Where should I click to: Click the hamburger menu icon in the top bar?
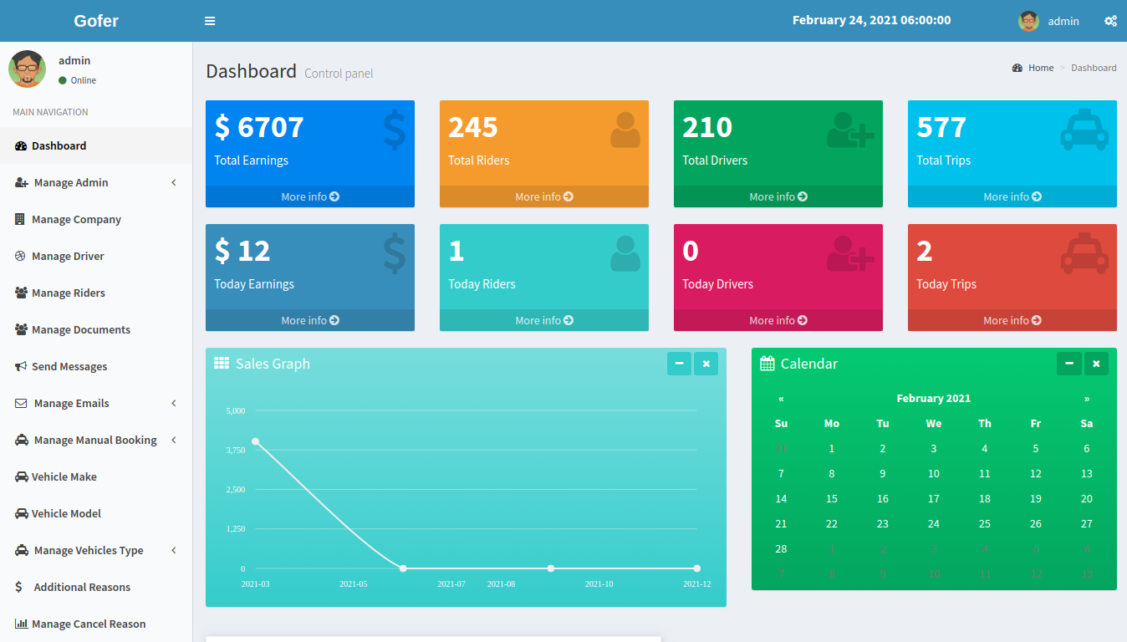pyautogui.click(x=210, y=21)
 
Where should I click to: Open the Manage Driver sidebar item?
pyautogui.click(x=68, y=256)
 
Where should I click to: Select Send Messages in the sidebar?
pyautogui.click(x=69, y=366)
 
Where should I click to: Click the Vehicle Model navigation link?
pyautogui.click(x=66, y=513)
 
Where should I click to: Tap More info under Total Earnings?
pyautogui.click(x=310, y=196)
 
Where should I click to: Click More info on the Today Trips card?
pyautogui.click(x=1012, y=320)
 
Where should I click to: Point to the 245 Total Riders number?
pyautogui.click(x=473, y=127)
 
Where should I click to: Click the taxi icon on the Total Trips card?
pyautogui.click(x=1084, y=130)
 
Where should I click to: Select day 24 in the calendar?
pyautogui.click(x=934, y=523)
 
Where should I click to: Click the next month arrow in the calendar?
pyautogui.click(x=1087, y=399)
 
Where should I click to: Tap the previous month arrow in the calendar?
pyautogui.click(x=781, y=399)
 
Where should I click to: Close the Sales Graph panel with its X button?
pyautogui.click(x=706, y=364)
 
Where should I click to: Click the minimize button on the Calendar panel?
pyautogui.click(x=1068, y=364)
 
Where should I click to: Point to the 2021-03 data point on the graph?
pyautogui.click(x=255, y=441)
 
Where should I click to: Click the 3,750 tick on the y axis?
pyautogui.click(x=236, y=450)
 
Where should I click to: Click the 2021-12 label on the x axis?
pyautogui.click(x=696, y=583)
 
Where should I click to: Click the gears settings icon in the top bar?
pyautogui.click(x=1110, y=21)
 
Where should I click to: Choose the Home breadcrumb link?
pyautogui.click(x=1041, y=68)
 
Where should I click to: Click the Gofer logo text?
pyautogui.click(x=96, y=21)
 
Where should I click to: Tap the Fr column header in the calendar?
pyautogui.click(x=1036, y=423)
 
